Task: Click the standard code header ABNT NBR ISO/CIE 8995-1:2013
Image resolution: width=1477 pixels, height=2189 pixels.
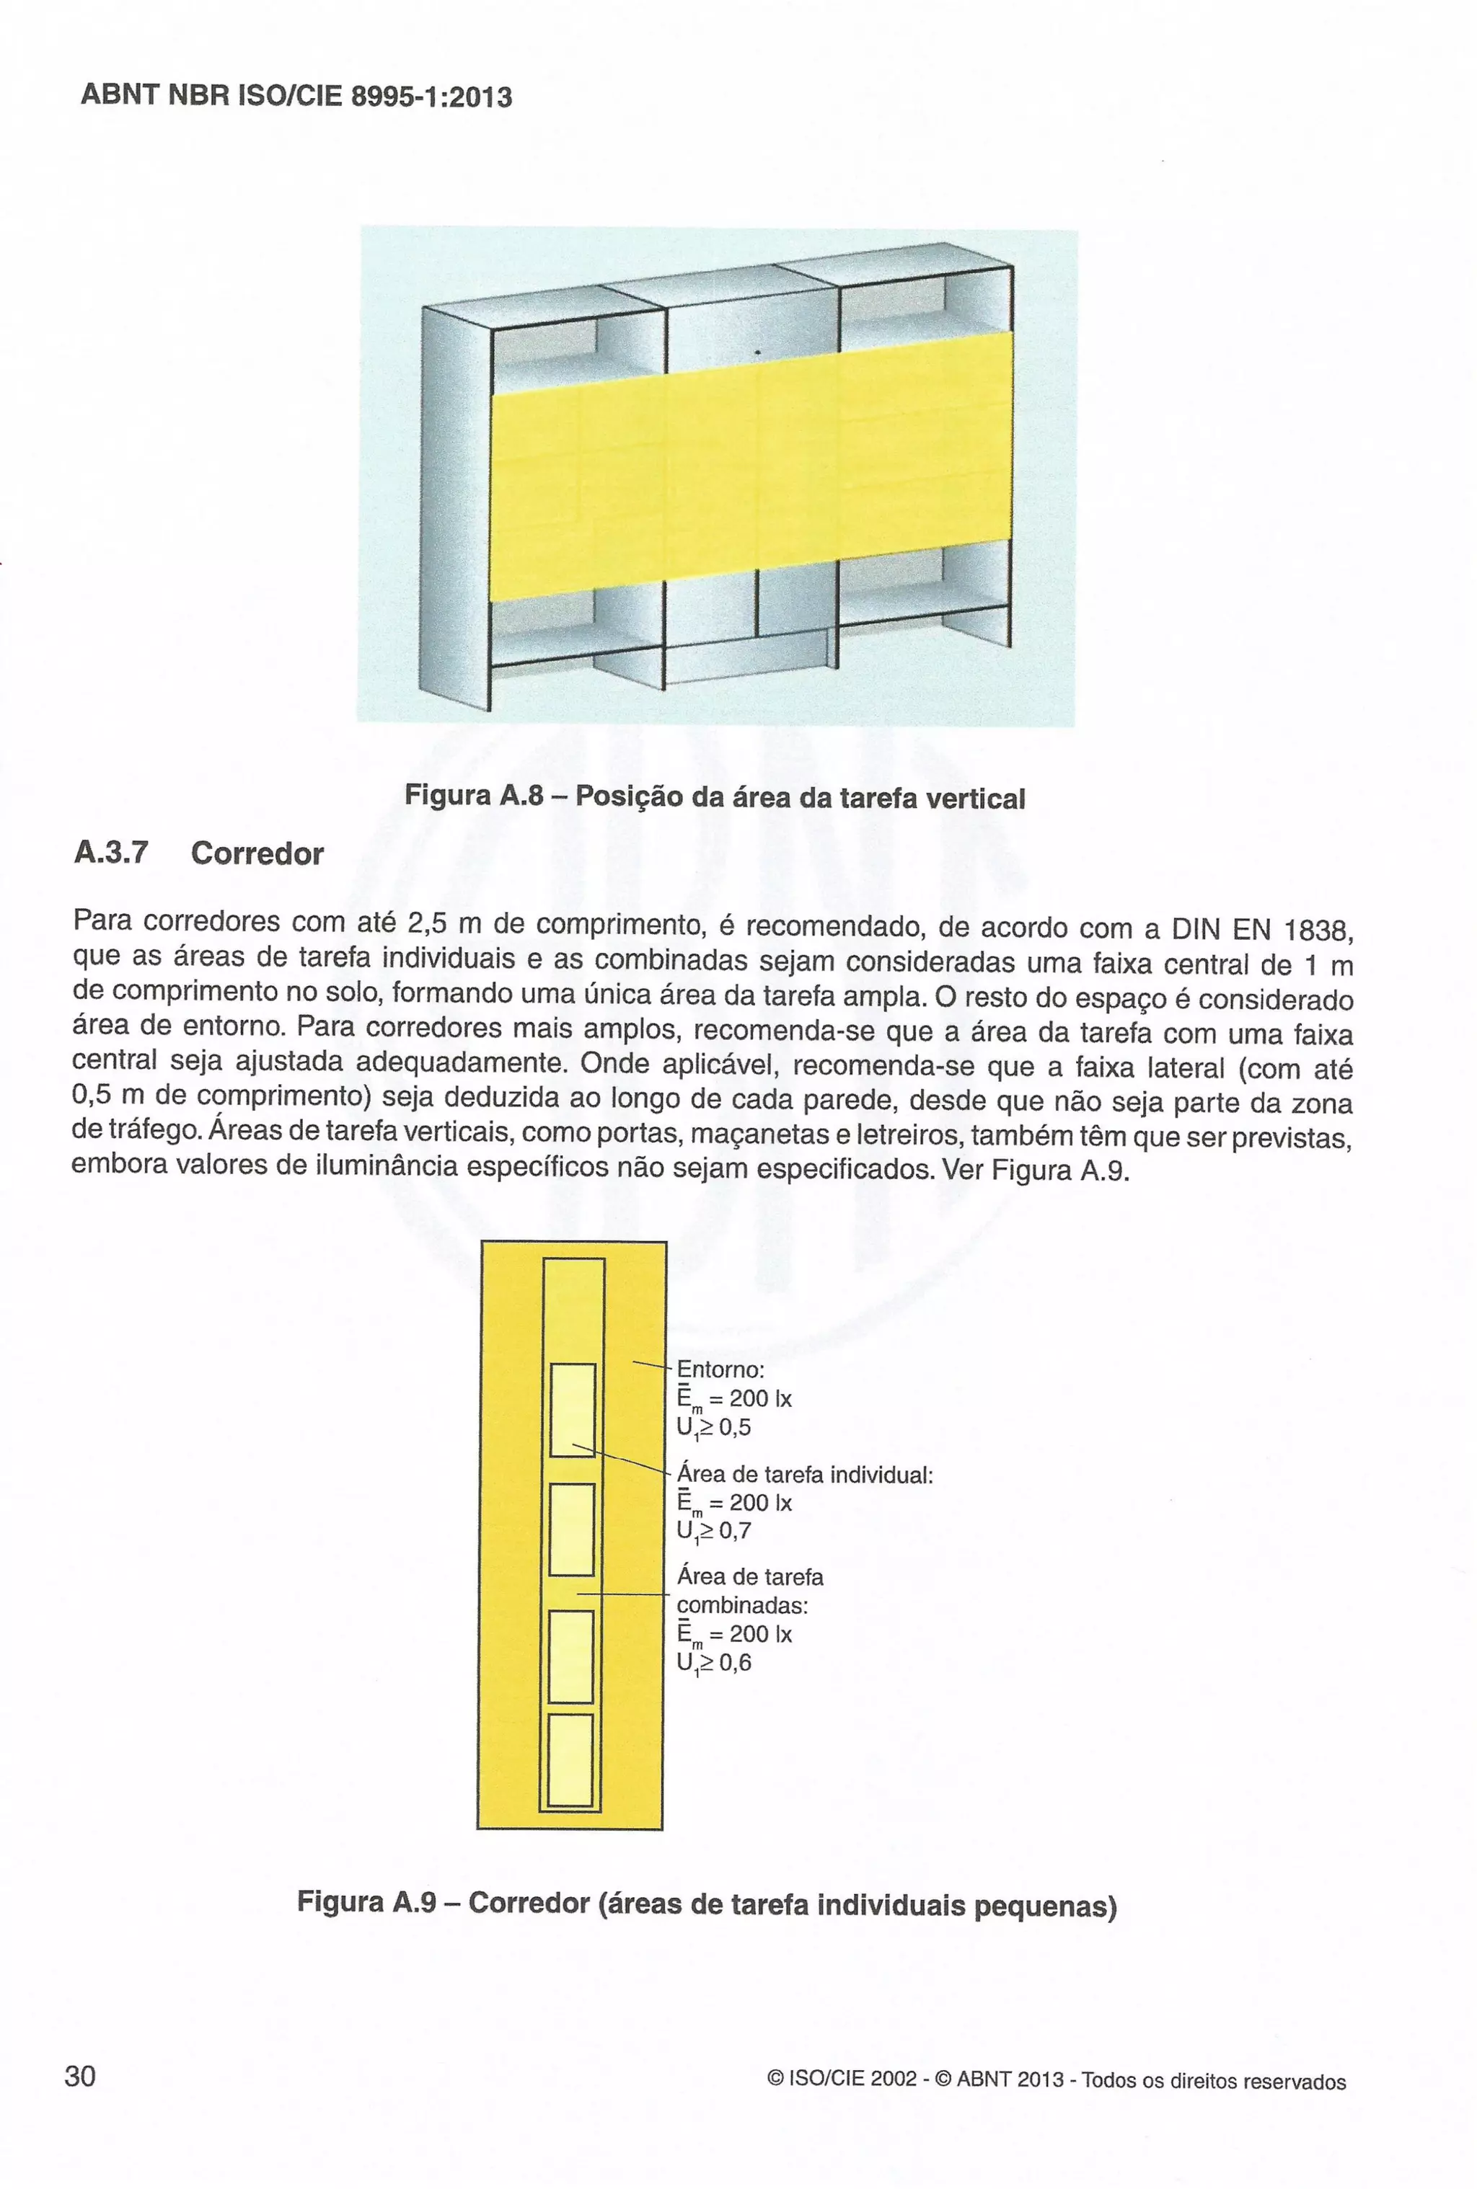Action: tap(296, 95)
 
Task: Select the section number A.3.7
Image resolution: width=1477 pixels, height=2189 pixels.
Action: tap(110, 852)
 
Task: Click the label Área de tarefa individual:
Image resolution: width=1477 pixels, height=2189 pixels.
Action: tap(804, 1475)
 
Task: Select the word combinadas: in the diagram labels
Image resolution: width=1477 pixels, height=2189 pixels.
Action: tap(742, 1604)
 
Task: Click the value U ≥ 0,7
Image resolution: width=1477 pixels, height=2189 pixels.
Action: tap(713, 1532)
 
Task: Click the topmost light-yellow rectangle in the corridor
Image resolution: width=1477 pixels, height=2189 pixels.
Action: tap(572, 1409)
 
